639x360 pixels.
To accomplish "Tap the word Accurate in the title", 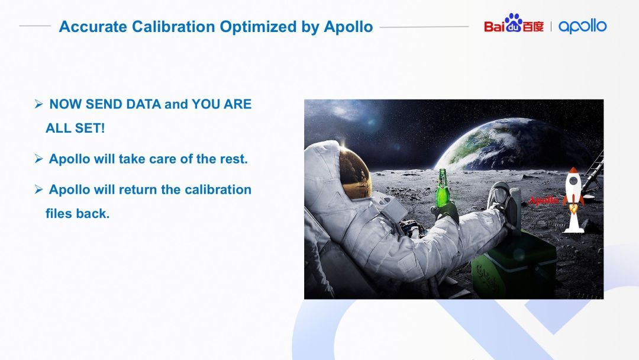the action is (93, 27).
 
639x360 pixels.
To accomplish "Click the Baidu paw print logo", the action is (514, 23).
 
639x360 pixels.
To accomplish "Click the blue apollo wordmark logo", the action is (582, 26).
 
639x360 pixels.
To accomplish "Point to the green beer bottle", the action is (442, 189).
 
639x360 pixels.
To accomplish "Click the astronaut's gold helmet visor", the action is (354, 173).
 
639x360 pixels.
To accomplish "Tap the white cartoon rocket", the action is (573, 200).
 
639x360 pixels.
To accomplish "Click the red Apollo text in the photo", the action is (544, 200).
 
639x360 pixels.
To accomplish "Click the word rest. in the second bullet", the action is (234, 159).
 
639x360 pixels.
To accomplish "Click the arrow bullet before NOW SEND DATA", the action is (38, 104).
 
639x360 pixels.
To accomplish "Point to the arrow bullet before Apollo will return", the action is (38, 189).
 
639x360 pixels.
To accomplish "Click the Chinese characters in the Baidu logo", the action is (533, 27).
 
